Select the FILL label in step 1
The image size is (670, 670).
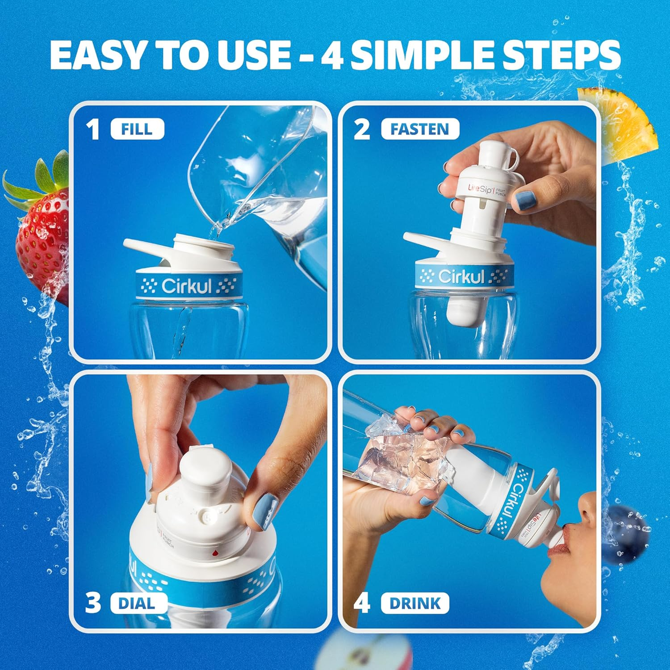coord(137,129)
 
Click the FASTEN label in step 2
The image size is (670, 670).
coord(420,129)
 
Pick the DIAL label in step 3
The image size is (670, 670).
coord(137,603)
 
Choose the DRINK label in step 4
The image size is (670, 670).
coord(415,603)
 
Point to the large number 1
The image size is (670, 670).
coord(93,129)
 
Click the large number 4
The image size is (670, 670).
coord(362,603)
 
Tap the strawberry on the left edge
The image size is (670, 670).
coord(42,232)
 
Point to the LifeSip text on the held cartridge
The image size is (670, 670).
coord(480,189)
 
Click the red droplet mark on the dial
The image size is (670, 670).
coord(215,553)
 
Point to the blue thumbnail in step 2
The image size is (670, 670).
coord(525,200)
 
